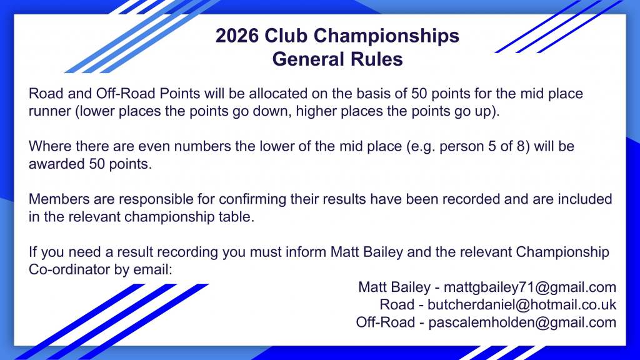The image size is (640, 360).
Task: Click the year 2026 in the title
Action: coord(237,36)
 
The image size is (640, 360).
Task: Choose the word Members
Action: coord(59,199)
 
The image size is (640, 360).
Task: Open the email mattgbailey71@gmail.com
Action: coord(530,287)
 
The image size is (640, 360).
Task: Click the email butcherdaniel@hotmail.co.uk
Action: coord(522,304)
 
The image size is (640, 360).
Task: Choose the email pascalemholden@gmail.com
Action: coord(522,322)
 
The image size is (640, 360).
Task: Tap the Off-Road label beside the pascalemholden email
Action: coord(385,322)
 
